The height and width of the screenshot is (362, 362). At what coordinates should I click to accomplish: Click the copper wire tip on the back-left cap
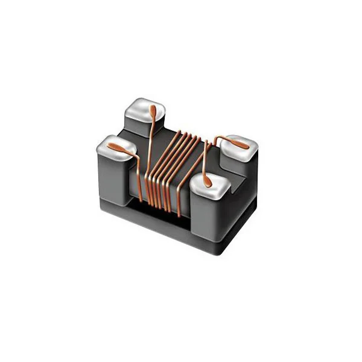pyautogui.click(x=154, y=110)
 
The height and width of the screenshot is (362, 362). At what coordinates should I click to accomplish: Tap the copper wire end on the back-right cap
pyautogui.click(x=240, y=144)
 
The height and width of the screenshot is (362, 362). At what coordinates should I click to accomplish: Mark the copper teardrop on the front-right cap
pyautogui.click(x=207, y=180)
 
